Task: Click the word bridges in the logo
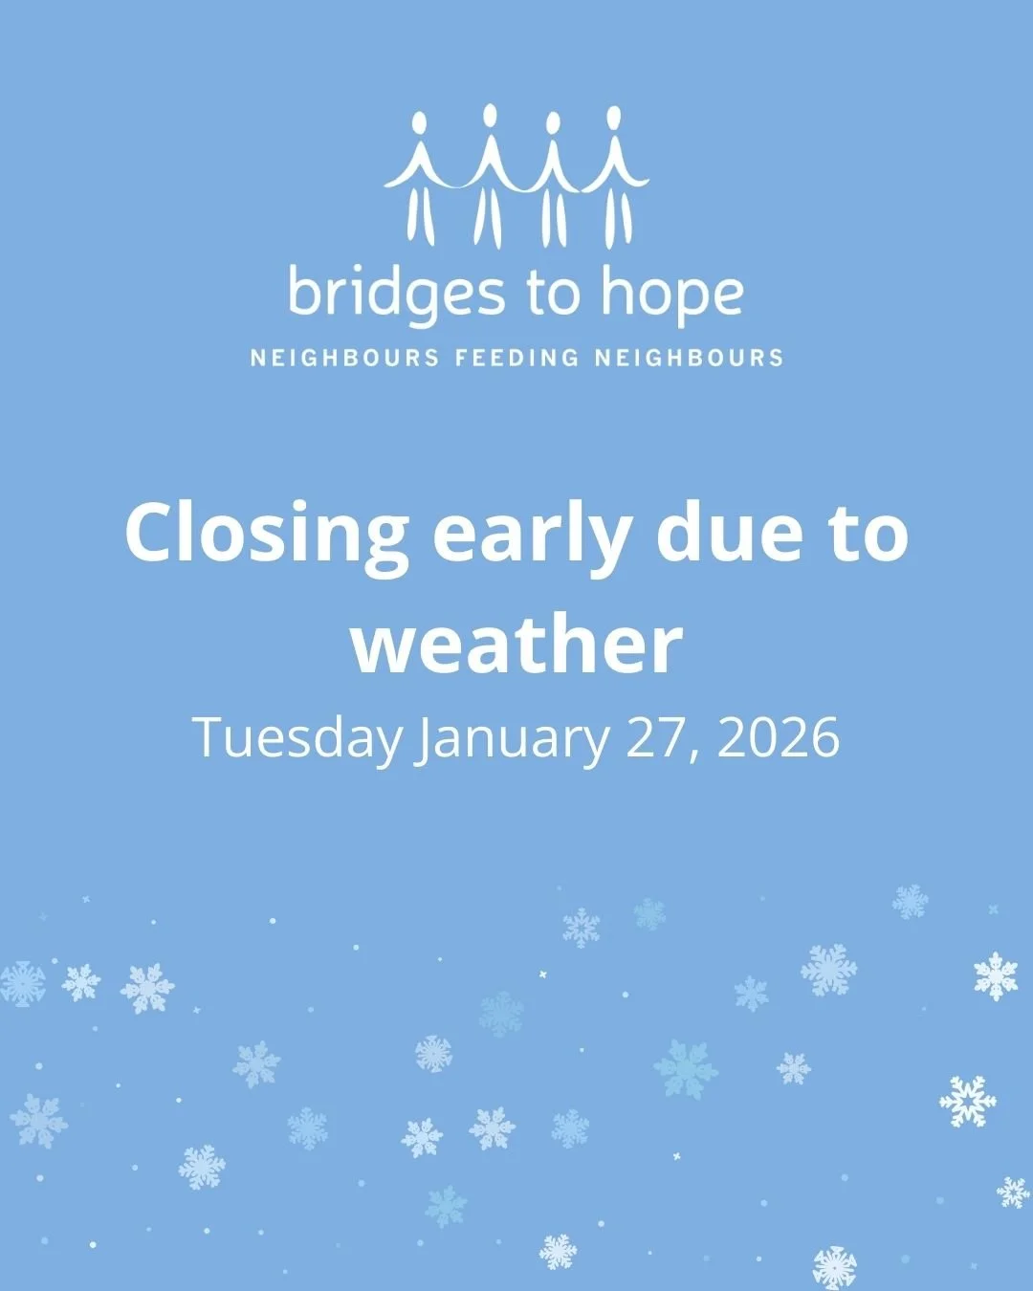[395, 295]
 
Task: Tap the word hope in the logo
[671, 295]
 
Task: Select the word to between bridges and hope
[552, 293]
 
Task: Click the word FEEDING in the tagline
[517, 359]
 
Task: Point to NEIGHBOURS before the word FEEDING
[345, 359]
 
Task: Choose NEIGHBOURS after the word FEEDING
[689, 359]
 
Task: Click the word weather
[516, 644]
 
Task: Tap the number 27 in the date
[659, 737]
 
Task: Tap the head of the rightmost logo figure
[613, 117]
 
